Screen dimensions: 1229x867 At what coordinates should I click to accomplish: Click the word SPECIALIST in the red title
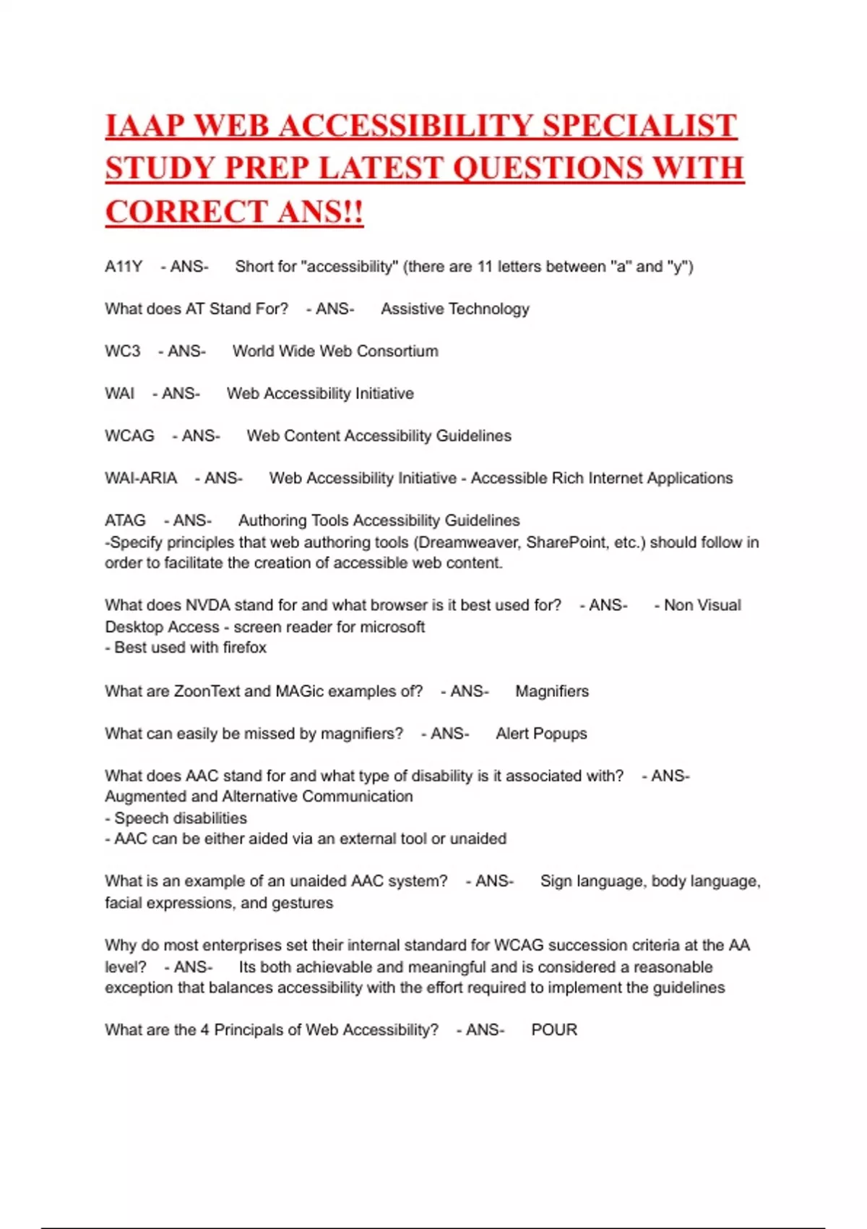click(639, 126)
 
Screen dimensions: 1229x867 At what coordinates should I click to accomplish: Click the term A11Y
click(124, 267)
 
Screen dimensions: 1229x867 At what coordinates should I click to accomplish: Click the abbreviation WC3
click(123, 351)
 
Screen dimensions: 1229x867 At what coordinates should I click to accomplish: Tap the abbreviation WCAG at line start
click(129, 436)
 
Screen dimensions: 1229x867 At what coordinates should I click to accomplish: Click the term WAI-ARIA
click(141, 479)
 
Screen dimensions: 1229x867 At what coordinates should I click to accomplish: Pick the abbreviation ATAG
click(125, 521)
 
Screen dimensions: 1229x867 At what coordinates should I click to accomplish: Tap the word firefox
click(244, 648)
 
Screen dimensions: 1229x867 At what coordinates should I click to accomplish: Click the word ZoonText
click(207, 691)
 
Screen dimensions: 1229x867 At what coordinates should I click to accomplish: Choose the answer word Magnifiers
click(552, 691)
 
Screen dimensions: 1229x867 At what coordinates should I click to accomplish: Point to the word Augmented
click(140, 797)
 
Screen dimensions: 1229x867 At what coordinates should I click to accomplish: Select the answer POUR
click(554, 1030)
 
